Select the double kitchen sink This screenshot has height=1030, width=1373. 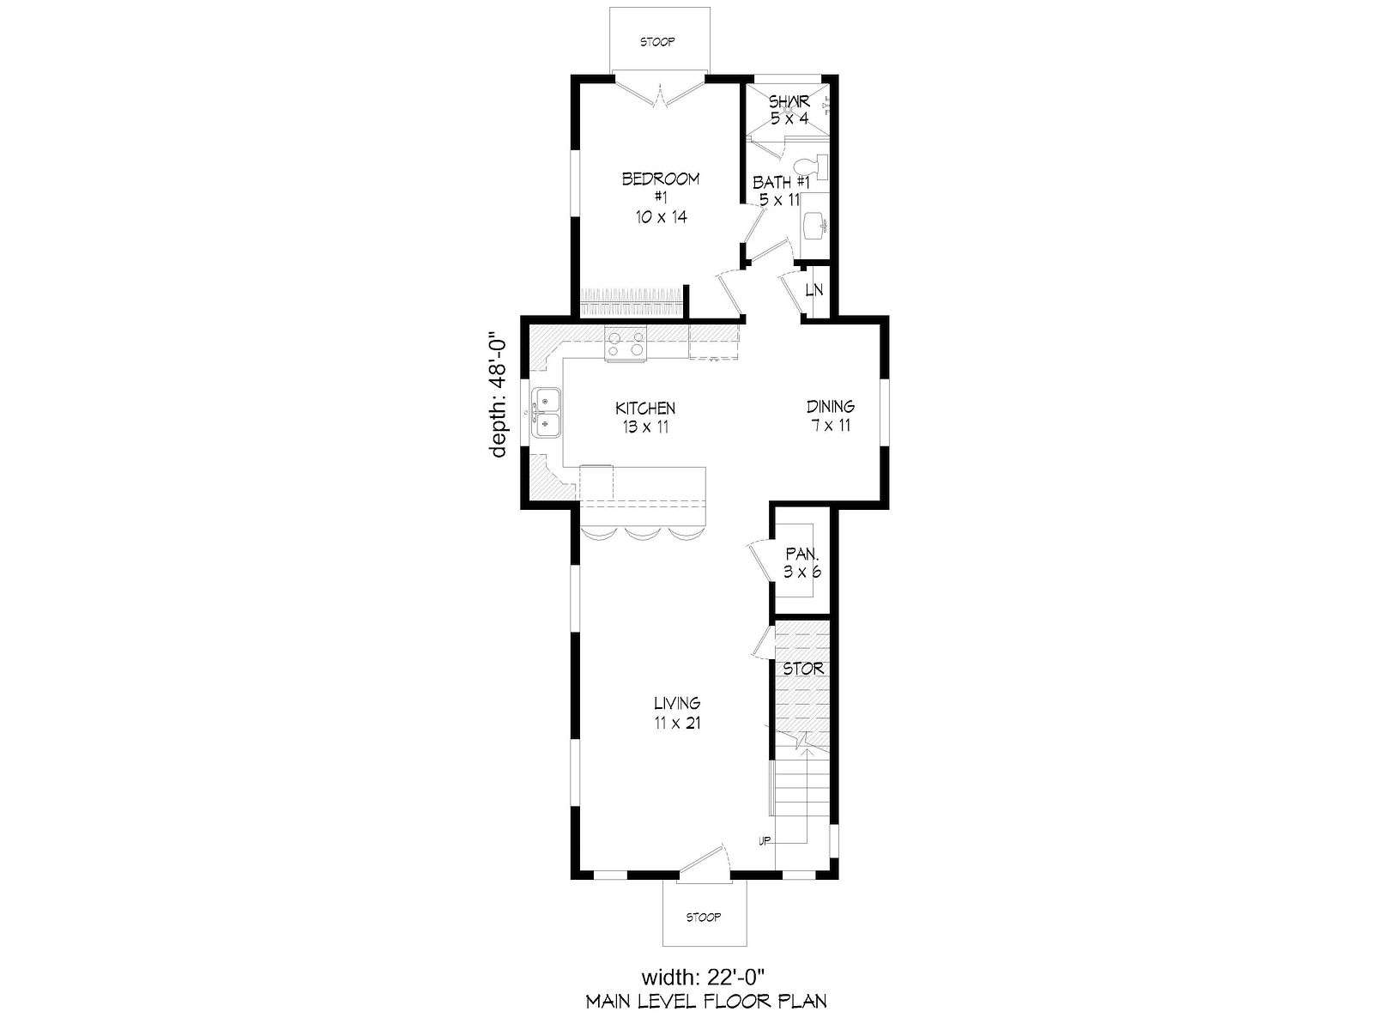[x=109, y=414]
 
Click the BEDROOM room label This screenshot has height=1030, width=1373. [x=660, y=179]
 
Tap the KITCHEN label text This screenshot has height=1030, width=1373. [x=645, y=409]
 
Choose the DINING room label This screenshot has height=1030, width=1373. [x=831, y=407]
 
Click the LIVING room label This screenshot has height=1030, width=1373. [x=677, y=703]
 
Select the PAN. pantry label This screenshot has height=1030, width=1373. [x=802, y=554]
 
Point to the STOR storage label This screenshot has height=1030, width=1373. [x=803, y=669]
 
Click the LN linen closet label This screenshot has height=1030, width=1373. [x=814, y=290]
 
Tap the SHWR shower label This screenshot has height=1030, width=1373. [x=789, y=100]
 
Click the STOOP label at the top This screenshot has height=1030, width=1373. [x=657, y=42]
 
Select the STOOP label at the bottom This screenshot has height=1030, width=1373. [x=704, y=918]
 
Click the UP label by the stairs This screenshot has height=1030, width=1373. [x=765, y=841]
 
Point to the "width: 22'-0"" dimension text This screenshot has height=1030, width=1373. [x=704, y=976]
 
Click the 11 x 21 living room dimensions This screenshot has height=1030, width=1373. [x=677, y=723]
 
